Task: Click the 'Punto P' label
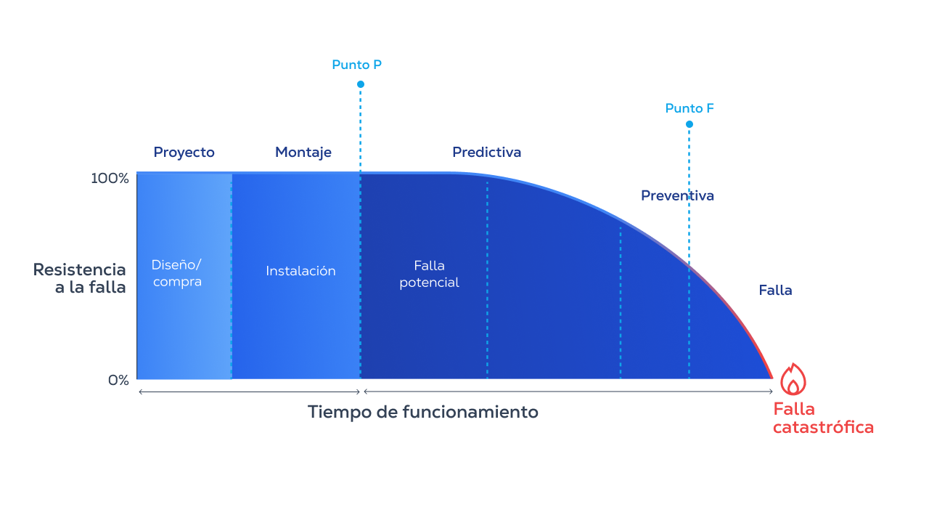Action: coord(356,65)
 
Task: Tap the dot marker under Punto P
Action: coord(361,84)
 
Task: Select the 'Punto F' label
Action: coord(689,108)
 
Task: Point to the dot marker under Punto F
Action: coord(689,124)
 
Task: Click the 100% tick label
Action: coord(110,178)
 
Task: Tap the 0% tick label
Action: coord(118,380)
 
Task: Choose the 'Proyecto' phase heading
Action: coord(184,153)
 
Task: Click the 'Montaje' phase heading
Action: coord(303,153)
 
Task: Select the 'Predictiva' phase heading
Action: coord(486,153)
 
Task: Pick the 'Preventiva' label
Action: coord(677,195)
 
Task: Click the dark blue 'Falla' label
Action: coord(775,291)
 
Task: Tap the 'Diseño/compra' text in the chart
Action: coord(177,273)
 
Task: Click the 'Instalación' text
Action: coord(300,271)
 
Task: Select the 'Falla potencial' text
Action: coord(429,274)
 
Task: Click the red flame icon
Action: coord(793,379)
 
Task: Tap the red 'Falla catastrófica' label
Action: coord(822,418)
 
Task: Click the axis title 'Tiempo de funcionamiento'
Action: coord(422,412)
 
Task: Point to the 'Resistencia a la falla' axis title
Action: coord(80,278)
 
